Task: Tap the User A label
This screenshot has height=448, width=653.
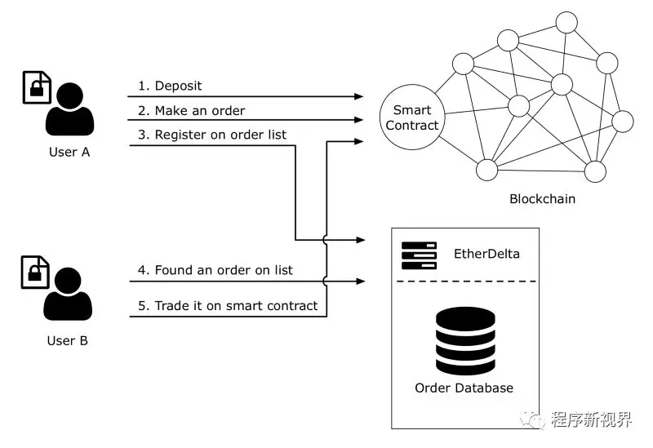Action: pos(67,152)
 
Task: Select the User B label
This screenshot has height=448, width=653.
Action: pos(67,339)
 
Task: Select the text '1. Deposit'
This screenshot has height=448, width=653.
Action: pos(170,86)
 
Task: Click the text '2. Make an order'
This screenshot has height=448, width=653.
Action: pos(191,110)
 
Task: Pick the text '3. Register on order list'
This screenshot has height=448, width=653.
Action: pos(212,135)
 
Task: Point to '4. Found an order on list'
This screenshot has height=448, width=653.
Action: pos(215,270)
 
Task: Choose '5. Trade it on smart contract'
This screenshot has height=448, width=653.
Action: pos(228,306)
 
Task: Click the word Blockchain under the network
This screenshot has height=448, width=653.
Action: pos(542,198)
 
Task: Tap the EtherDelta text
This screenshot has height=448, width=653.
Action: pos(486,254)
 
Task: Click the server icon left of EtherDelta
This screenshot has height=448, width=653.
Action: pos(419,255)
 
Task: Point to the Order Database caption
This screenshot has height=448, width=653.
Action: pos(464,388)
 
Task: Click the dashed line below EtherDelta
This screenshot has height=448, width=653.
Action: pos(464,282)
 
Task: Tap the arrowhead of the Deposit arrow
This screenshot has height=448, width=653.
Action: pos(359,96)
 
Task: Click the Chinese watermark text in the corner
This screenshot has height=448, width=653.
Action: pos(592,420)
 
